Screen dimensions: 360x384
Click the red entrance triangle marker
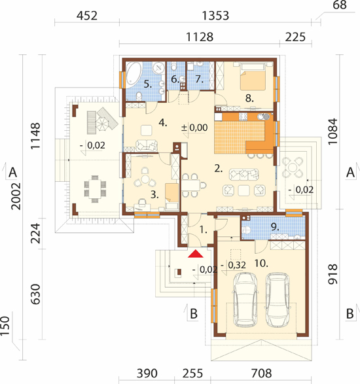[x=195, y=254]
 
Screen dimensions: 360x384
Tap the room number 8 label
[x=249, y=98]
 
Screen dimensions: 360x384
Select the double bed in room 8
[x=253, y=76]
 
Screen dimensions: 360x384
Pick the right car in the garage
[x=278, y=300]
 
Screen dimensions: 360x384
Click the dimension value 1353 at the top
[x=215, y=16]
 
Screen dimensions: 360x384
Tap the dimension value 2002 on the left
[x=16, y=196]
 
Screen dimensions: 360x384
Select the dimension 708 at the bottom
[x=261, y=374]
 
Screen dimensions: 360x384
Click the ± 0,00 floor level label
[x=194, y=128]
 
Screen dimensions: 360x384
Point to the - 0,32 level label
[x=233, y=265]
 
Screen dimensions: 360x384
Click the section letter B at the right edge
[x=350, y=313]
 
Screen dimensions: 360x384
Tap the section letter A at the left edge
[x=12, y=172]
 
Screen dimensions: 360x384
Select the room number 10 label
[x=261, y=264]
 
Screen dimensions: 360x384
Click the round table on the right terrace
[x=292, y=167]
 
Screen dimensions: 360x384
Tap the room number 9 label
[x=275, y=227]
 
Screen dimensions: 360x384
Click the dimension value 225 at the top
[x=295, y=37]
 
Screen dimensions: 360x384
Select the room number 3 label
[x=154, y=195]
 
